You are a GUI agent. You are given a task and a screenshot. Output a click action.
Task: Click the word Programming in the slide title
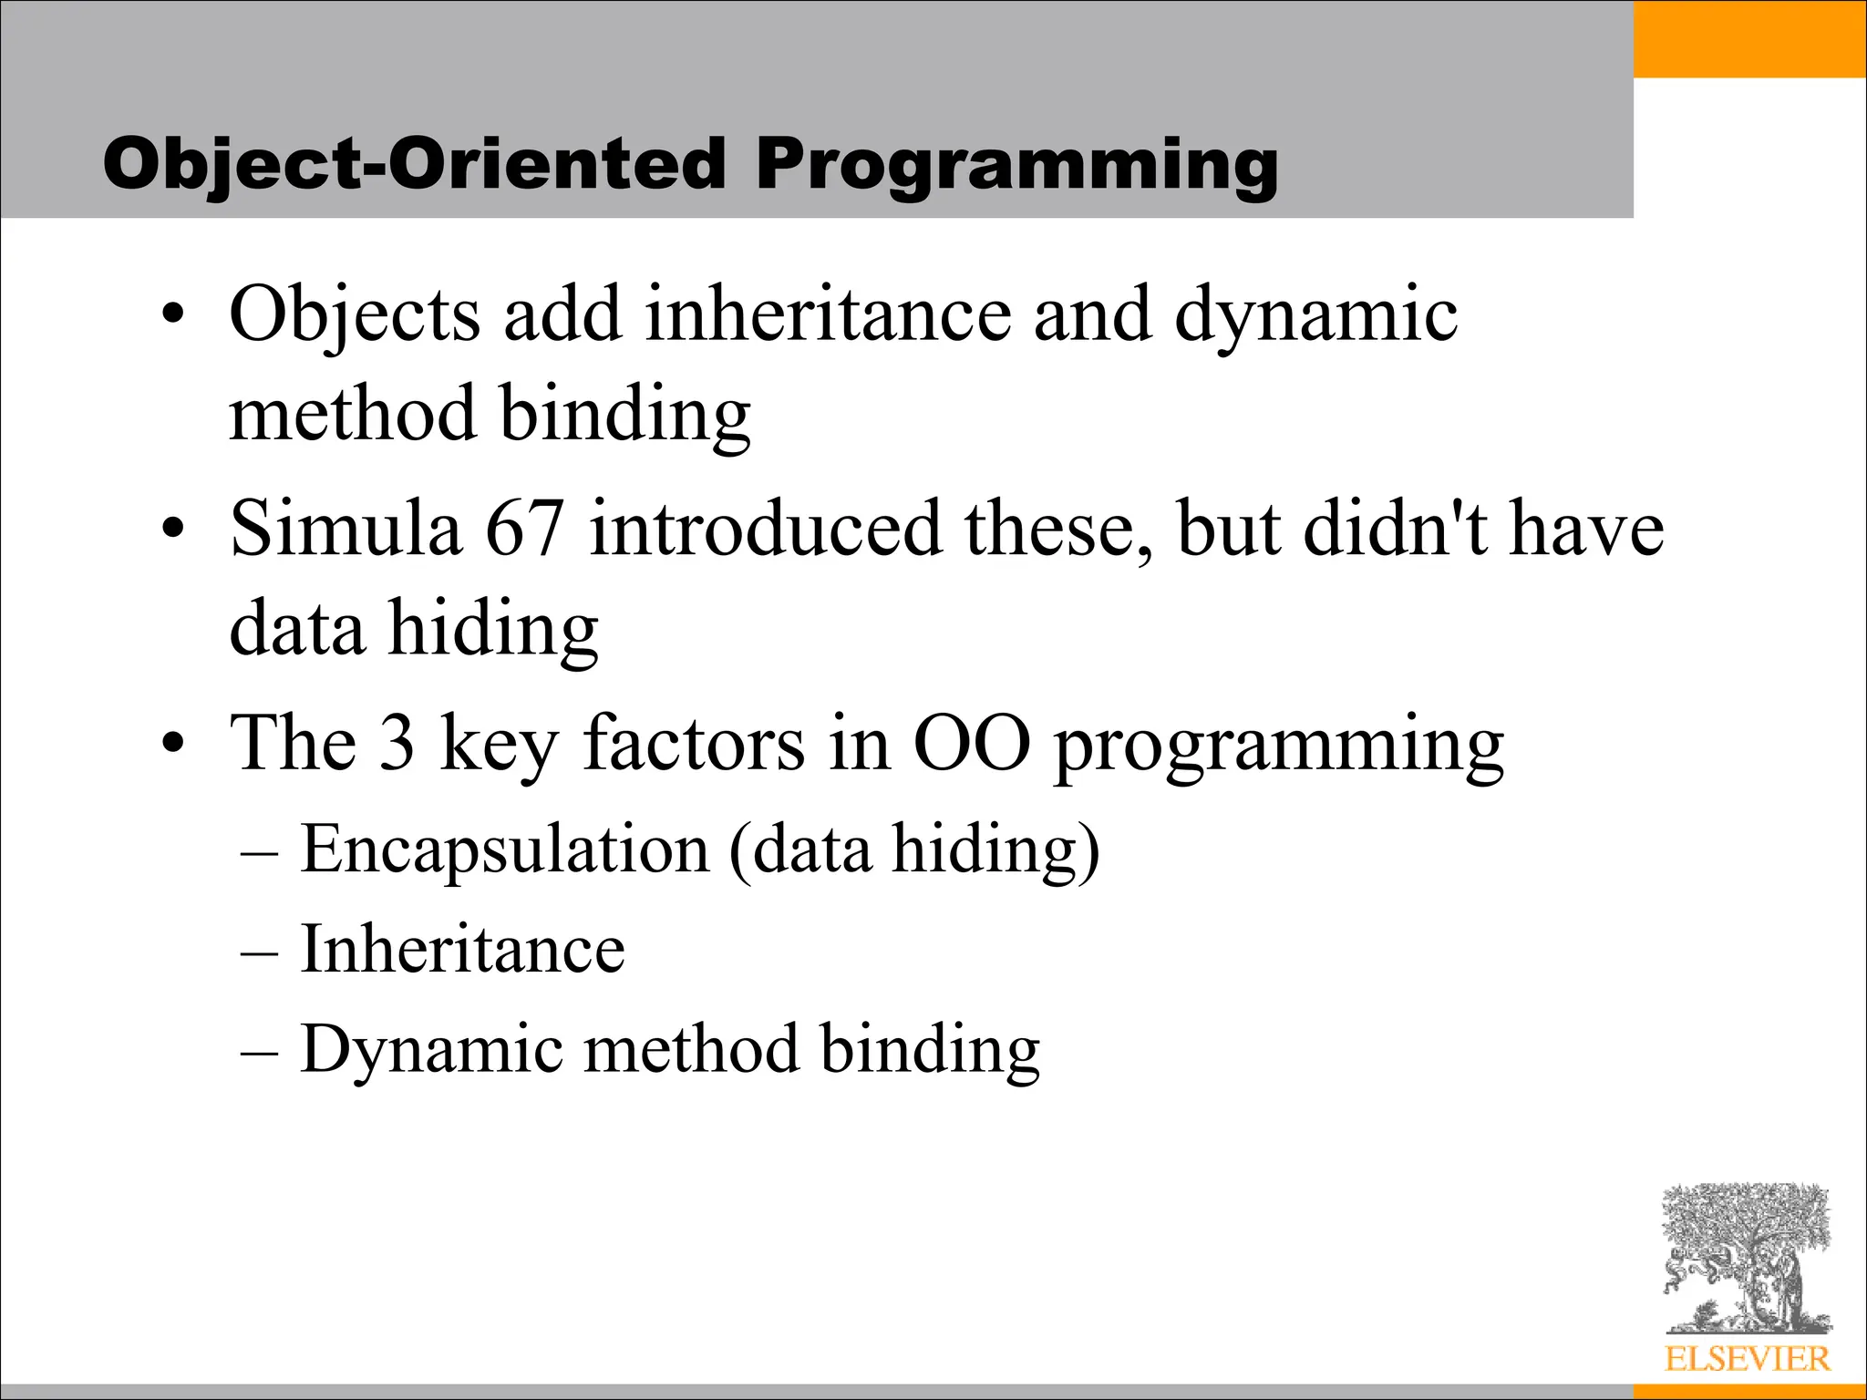click(x=1016, y=166)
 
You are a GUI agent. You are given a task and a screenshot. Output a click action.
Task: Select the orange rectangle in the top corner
click(x=1749, y=39)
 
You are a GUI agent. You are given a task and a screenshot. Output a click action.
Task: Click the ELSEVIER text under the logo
click(x=1747, y=1359)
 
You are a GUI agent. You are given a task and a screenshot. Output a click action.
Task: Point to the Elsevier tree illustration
click(x=1746, y=1259)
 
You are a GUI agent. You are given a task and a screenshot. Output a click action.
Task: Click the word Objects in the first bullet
click(x=355, y=315)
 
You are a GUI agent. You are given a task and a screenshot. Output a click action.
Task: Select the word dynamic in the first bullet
click(x=1315, y=315)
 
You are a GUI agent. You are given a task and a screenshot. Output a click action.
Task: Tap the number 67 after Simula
click(x=524, y=529)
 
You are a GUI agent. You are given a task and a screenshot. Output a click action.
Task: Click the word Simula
click(x=346, y=529)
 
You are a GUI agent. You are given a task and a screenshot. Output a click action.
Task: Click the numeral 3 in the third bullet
click(x=397, y=743)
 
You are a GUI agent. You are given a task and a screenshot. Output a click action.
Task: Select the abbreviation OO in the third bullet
click(x=971, y=743)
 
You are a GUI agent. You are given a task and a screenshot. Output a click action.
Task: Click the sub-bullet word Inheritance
click(x=462, y=950)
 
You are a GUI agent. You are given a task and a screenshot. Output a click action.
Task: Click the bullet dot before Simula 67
click(x=173, y=529)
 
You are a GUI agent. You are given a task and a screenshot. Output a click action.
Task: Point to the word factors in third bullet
click(x=694, y=743)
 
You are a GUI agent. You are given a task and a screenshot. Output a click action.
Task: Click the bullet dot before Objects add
click(x=173, y=315)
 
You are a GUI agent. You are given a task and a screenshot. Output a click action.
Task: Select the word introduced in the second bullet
click(x=765, y=529)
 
